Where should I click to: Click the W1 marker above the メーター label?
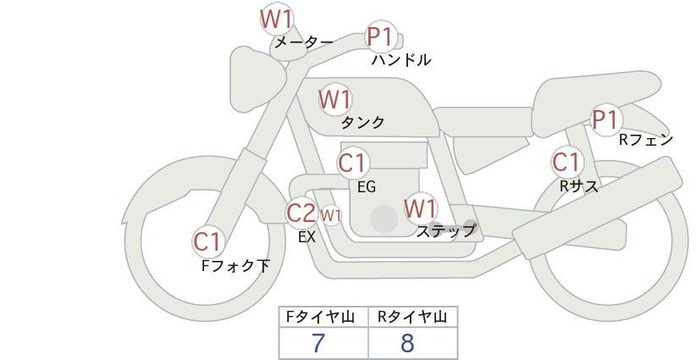pos(276,19)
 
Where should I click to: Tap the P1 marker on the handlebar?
pos(381,36)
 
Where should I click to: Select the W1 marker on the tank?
pos(334,99)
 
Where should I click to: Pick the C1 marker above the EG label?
pos(353,163)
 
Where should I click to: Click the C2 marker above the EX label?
pos(301,213)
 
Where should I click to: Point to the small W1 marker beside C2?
pos(331,216)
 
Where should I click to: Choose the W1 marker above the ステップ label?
pos(420,208)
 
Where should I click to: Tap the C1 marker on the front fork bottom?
pos(207,242)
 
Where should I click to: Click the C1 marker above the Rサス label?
pos(566,162)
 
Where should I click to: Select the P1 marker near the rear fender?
pos(606,119)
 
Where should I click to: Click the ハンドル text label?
pos(401,60)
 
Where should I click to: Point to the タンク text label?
pos(362,122)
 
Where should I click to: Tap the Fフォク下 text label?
pos(235,265)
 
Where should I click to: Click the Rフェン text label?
pos(646,140)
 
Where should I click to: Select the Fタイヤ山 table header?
pos(320,317)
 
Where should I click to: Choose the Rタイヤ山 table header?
pos(412,317)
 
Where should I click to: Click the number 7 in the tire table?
pos(318,343)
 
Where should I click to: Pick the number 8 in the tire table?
pos(407,343)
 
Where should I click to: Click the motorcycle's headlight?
pos(255,79)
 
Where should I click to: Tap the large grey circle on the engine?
pos(384,219)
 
